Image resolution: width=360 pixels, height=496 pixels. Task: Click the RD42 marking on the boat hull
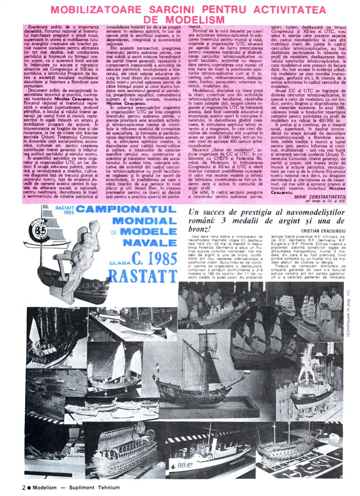184,465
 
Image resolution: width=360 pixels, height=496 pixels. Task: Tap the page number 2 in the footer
23,487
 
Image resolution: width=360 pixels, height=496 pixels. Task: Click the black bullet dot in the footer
29,487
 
